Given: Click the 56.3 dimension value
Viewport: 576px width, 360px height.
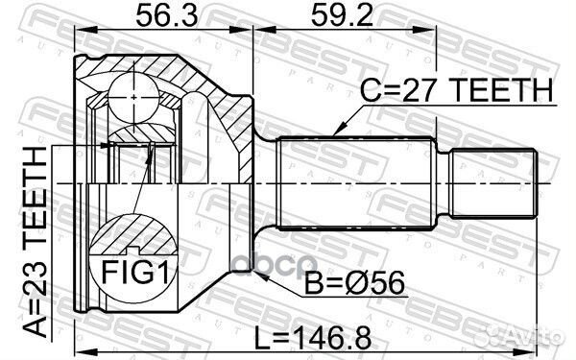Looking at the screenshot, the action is (166, 15).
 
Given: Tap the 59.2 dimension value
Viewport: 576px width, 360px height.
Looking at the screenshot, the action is (342, 15).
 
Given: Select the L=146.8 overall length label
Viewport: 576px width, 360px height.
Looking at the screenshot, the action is (313, 339).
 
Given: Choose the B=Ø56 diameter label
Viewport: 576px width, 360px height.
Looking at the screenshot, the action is (354, 283).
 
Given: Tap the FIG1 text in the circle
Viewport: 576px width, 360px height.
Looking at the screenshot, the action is (134, 273).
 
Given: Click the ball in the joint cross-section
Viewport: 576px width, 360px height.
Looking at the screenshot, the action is (133, 97).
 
